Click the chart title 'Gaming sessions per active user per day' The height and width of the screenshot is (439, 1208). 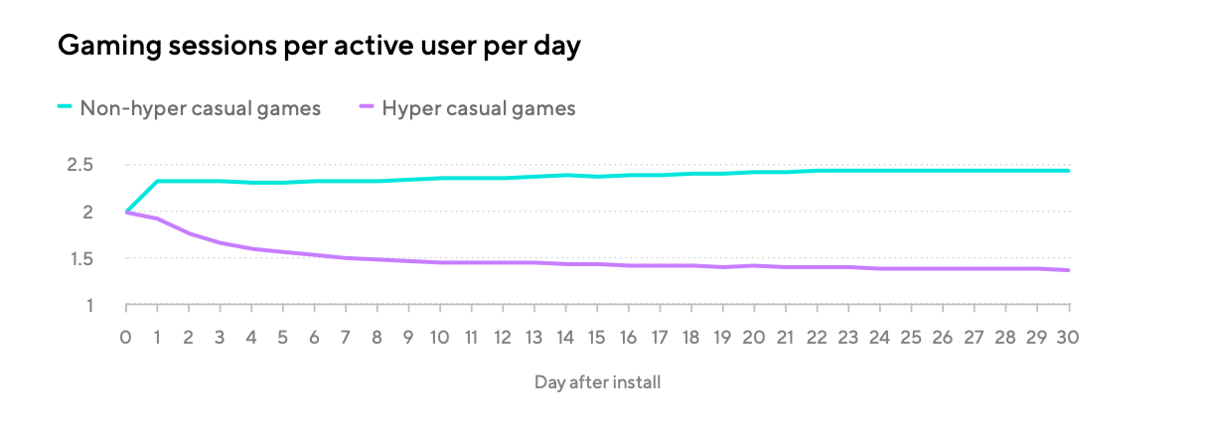point(319,47)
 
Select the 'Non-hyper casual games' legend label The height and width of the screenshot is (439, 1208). point(201,108)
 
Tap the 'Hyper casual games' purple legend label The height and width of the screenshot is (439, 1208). point(479,108)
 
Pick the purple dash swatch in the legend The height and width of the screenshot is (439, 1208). point(365,108)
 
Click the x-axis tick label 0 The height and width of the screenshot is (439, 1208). point(126,337)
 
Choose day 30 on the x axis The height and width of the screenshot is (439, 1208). point(1068,337)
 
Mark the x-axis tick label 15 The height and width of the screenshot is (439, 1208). point(597,337)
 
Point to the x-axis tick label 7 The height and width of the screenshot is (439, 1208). point(346,337)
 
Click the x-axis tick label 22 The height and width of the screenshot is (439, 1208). point(817,337)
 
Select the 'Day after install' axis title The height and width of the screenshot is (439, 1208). point(597,382)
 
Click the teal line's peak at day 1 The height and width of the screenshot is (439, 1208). point(158,181)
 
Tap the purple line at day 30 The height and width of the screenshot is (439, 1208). point(1068,270)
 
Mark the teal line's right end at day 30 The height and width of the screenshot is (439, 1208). point(1068,171)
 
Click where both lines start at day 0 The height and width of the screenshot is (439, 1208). point(126,212)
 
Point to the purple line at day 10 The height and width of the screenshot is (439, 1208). point(440,262)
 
